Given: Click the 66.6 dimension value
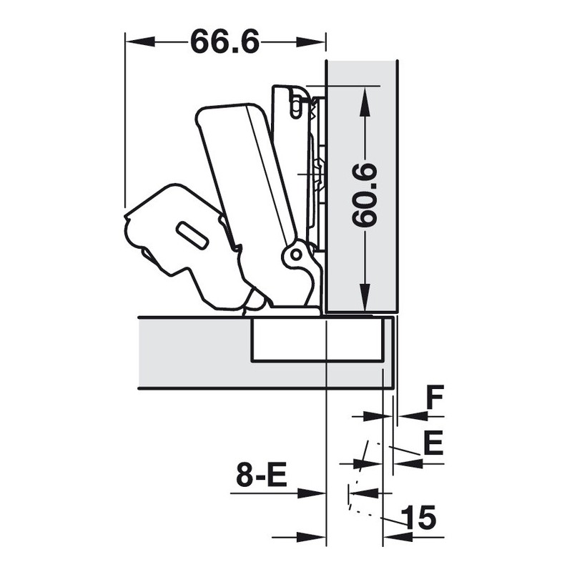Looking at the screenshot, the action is pyautogui.click(x=225, y=41).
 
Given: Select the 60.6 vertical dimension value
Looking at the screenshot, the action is pyautogui.click(x=365, y=195).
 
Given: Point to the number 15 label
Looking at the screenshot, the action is pyautogui.click(x=418, y=517).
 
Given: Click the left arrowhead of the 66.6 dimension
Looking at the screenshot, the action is pyautogui.click(x=140, y=41).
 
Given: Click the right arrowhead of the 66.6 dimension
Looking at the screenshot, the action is pyautogui.click(x=310, y=41).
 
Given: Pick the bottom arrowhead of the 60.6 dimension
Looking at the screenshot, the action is pyautogui.click(x=365, y=297).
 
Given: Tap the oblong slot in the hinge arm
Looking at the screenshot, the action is pyautogui.click(x=192, y=235).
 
